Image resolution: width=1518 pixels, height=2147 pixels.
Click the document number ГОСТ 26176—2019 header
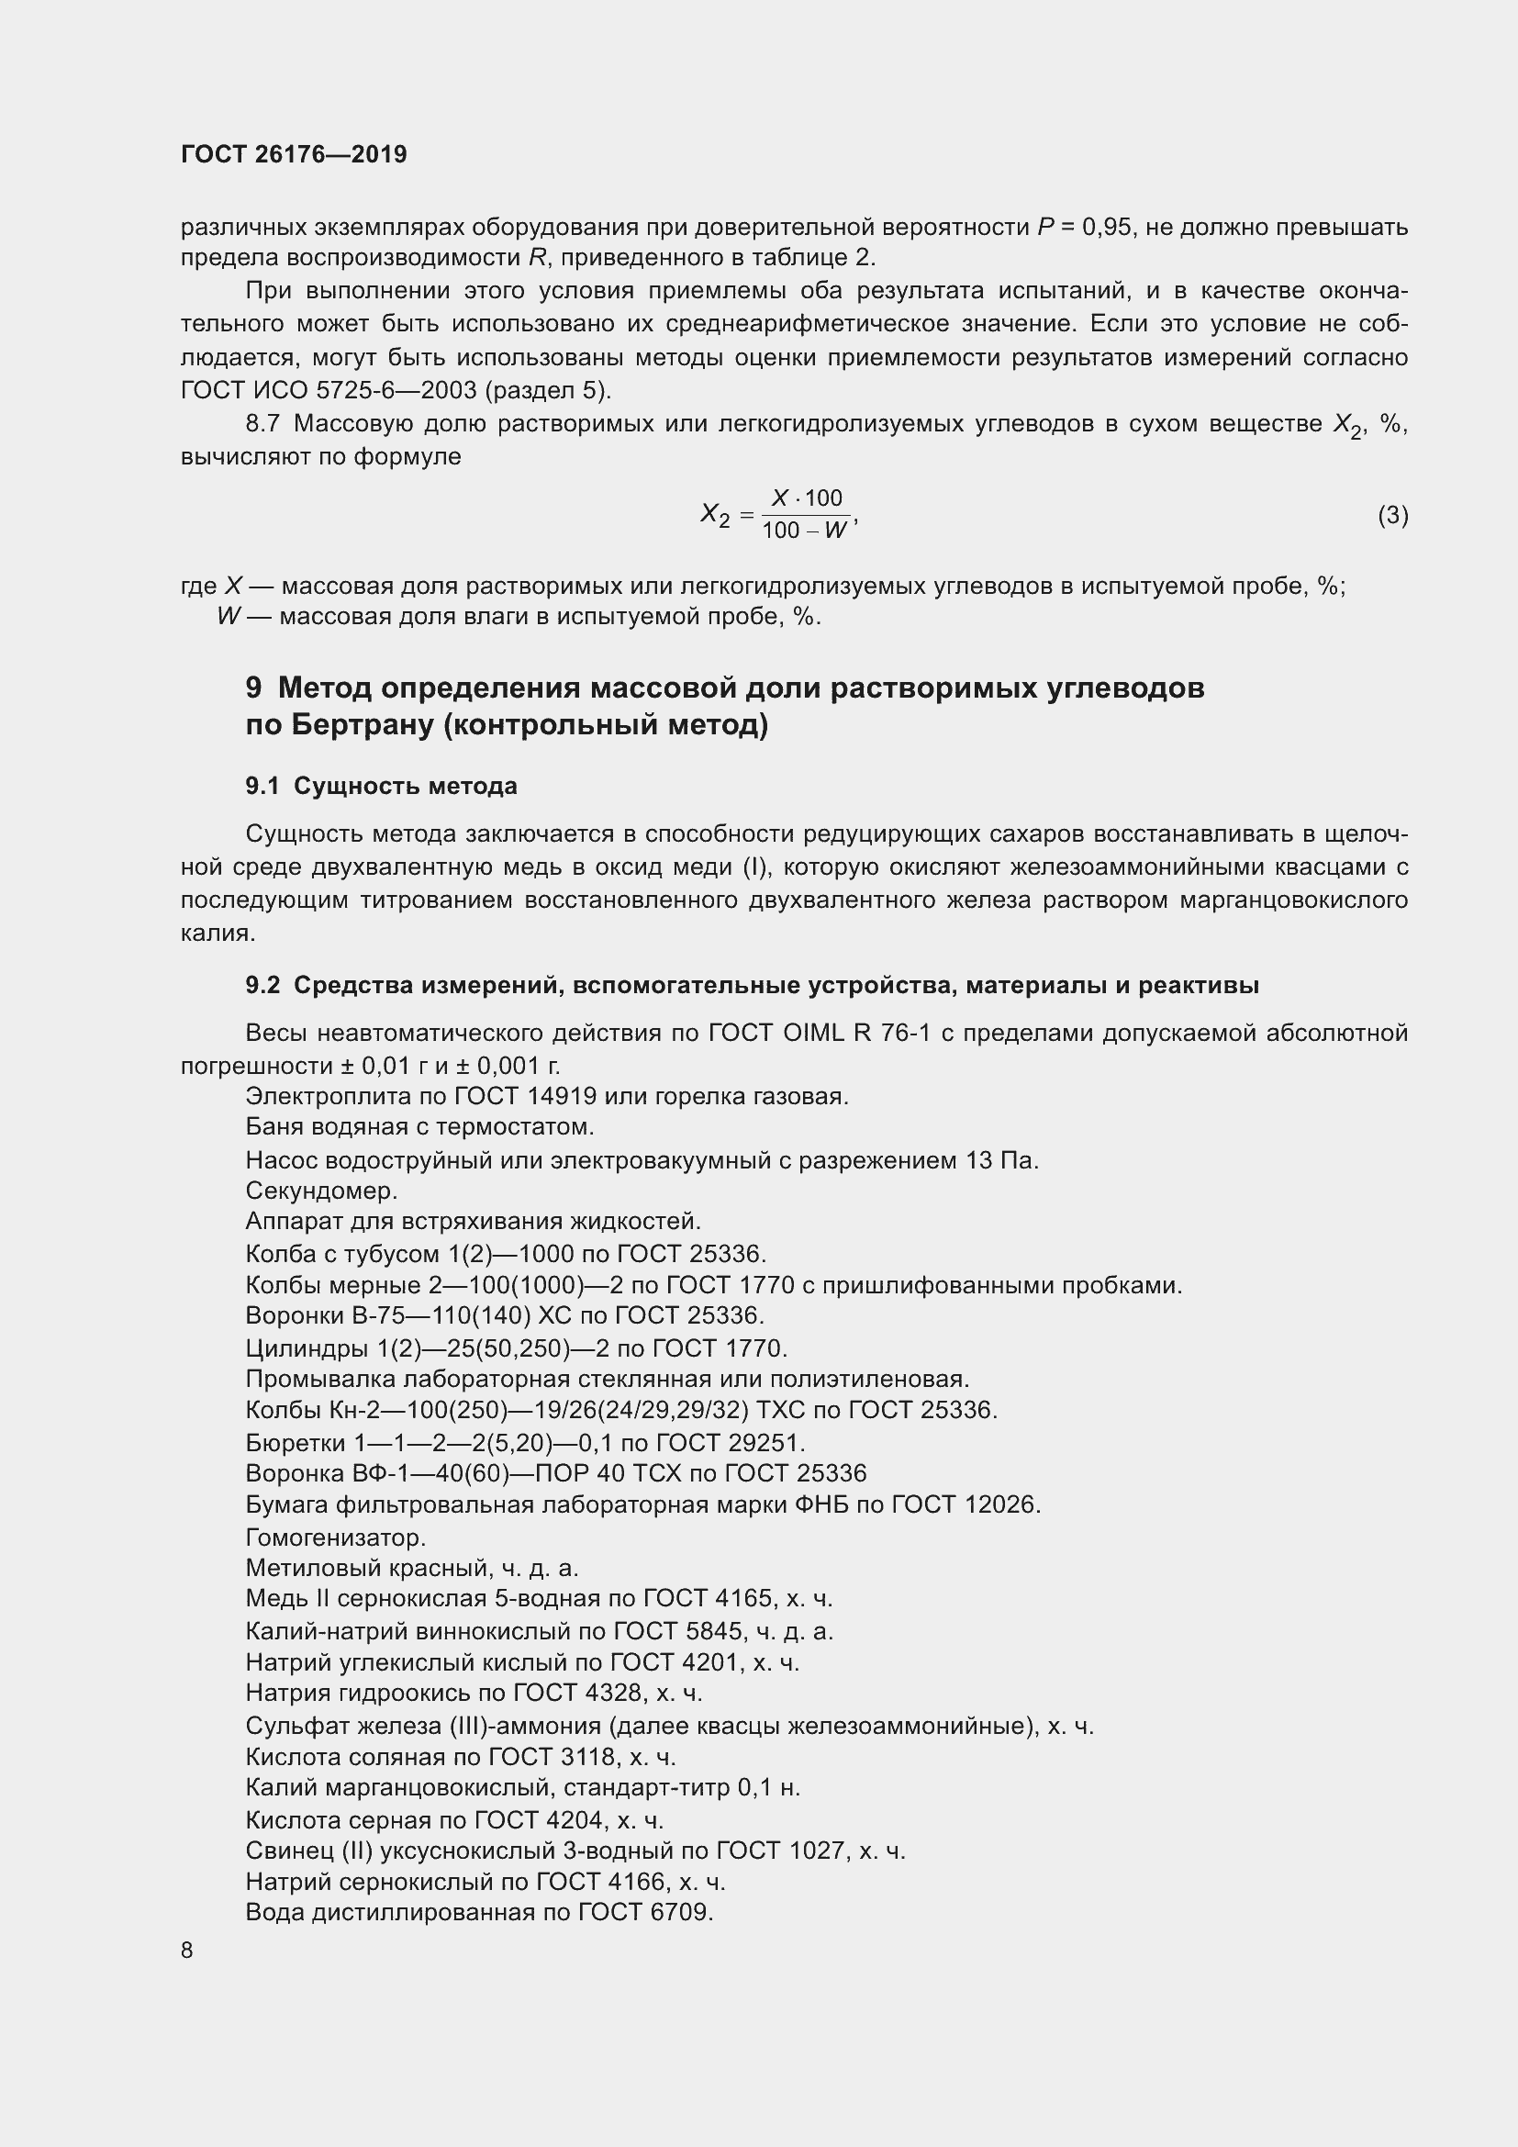294,154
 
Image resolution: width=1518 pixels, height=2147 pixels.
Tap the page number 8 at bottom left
187,1950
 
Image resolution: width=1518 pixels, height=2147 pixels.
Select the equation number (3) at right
1392,515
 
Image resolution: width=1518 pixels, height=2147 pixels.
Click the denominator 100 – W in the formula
803,531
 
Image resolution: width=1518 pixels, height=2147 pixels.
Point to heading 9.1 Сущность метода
382,787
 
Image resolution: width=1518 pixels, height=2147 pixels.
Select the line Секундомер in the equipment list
320,1191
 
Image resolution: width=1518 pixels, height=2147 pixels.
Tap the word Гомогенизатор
335,1538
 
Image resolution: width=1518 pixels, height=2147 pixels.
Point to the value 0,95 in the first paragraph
1107,228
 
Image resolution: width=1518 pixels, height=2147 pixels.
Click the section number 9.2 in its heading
262,986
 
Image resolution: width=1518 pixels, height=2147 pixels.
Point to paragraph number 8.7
262,425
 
